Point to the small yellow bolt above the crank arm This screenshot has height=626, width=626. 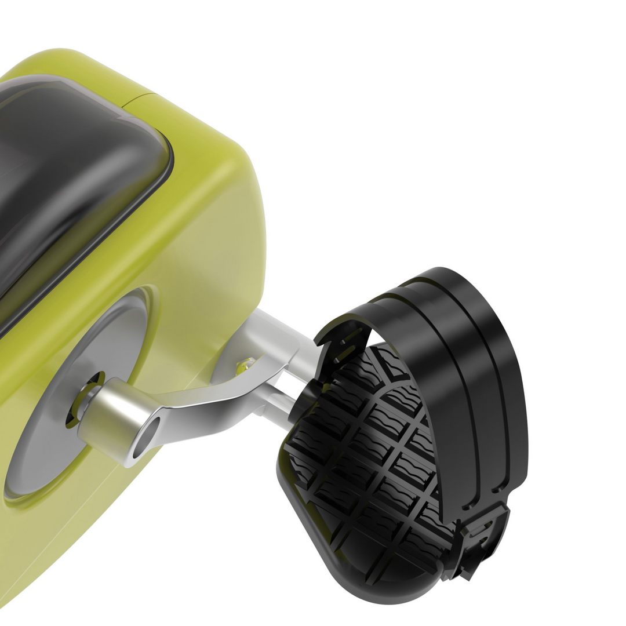(x=246, y=365)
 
